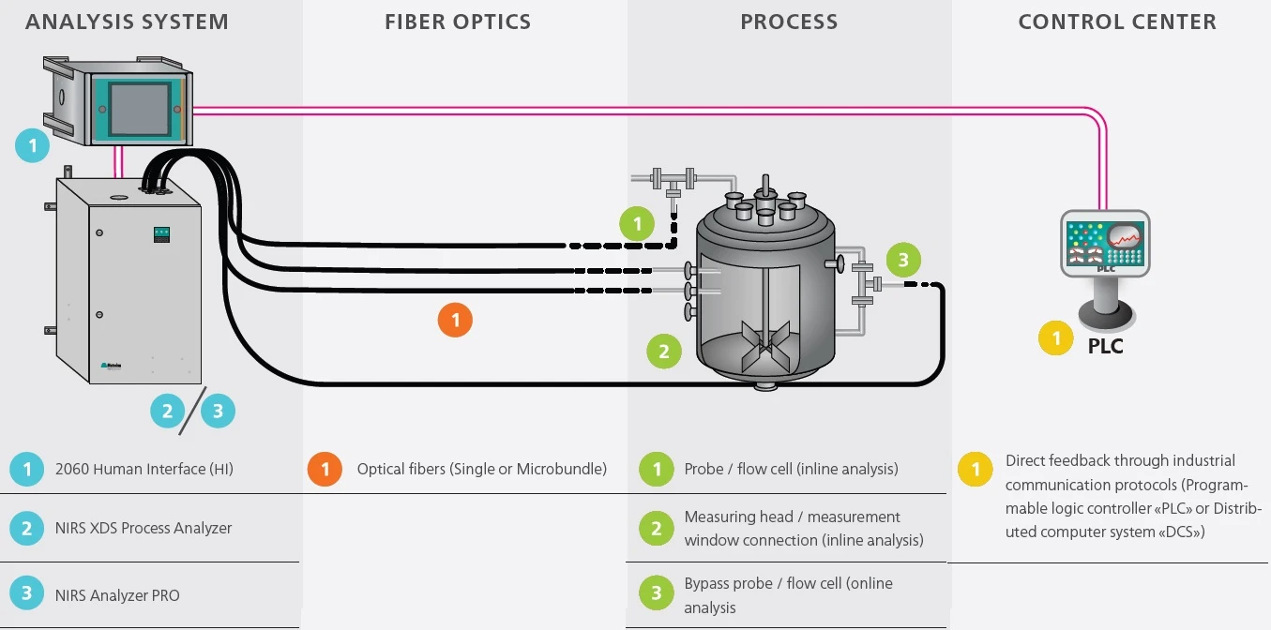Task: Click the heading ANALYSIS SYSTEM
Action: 127,22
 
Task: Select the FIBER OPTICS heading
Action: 458,22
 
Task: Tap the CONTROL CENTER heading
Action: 1117,22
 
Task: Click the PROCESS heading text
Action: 789,22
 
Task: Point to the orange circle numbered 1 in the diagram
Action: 455,321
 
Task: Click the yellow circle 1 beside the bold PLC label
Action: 1056,338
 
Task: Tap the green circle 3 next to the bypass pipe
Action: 903,260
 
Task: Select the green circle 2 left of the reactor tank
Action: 664,352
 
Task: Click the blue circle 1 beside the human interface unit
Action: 33,145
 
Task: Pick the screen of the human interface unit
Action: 139,108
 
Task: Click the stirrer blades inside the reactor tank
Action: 765,345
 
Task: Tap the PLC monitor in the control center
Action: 1105,243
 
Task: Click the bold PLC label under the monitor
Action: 1105,346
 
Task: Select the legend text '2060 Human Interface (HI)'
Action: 144,469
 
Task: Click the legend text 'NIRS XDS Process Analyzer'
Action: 144,528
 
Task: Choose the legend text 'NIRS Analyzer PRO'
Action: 117,595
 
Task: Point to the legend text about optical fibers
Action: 481,469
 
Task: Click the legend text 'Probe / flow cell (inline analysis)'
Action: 791,469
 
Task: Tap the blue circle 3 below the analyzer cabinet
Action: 218,411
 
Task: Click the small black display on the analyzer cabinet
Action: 161,233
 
